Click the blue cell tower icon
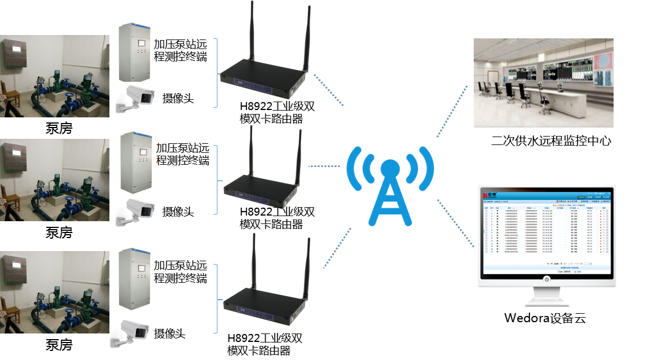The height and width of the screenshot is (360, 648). (390, 186)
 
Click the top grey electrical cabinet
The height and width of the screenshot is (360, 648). (135, 52)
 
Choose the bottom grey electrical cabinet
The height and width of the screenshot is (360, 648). (136, 279)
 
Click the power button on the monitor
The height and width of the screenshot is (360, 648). (546, 279)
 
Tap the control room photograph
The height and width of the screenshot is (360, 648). (543, 82)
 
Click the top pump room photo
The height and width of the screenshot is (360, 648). (55, 76)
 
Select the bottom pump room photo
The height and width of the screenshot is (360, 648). (55, 292)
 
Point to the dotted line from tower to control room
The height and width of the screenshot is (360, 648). (452, 111)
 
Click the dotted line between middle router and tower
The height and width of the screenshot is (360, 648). (324, 166)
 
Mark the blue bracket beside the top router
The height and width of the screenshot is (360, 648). (216, 72)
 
